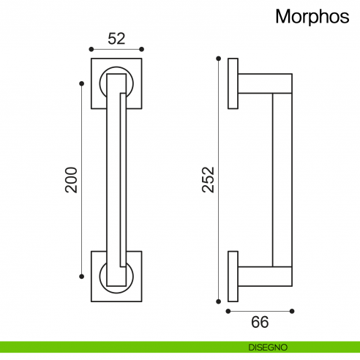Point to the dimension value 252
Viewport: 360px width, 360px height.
(208, 179)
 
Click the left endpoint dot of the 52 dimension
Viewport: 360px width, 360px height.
(91, 50)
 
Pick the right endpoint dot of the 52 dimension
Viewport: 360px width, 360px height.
(142, 50)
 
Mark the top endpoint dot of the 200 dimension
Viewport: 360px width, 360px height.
(81, 83)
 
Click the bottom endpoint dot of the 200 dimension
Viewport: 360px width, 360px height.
(81, 277)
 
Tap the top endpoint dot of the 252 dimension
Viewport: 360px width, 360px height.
(218, 58)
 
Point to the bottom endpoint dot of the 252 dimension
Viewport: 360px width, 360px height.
(218, 301)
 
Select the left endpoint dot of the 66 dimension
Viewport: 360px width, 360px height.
(228, 311)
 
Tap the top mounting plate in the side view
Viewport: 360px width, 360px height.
(233, 83)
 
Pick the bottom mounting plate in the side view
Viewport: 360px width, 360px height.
(233, 277)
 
